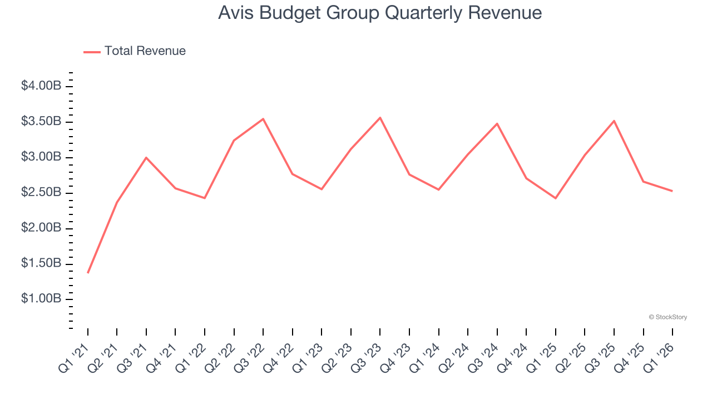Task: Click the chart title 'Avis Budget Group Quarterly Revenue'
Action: coord(380,13)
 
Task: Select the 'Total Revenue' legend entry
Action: coord(145,51)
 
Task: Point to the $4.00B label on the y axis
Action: coord(41,86)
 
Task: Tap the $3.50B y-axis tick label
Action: coord(41,122)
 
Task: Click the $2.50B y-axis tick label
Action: coord(41,193)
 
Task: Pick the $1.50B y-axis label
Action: coord(41,263)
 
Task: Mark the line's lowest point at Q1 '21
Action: coord(88,273)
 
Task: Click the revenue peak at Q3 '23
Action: coord(380,118)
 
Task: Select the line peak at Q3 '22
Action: coord(263,119)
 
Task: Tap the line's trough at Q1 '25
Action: coord(556,198)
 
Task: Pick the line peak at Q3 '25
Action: coord(614,121)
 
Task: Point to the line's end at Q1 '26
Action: coord(673,191)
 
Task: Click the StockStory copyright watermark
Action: coord(667,317)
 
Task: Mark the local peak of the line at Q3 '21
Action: coord(146,158)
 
